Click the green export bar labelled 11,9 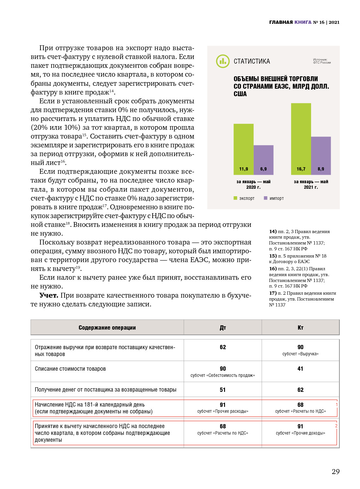[243, 149]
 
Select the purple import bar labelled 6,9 [263, 160]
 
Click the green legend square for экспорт [235, 198]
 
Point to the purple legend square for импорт [265, 198]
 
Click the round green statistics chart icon [223, 61]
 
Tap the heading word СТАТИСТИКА [252, 61]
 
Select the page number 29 [336, 471]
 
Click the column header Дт [223, 328]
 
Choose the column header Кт [300, 328]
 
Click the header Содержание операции [107, 328]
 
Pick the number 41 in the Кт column [300, 369]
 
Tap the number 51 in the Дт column [223, 390]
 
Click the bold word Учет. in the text [49, 295]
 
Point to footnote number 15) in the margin [273, 256]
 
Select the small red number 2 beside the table [336, 426]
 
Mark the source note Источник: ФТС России [322, 61]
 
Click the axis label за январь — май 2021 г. [311, 185]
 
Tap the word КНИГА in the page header [303, 22]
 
